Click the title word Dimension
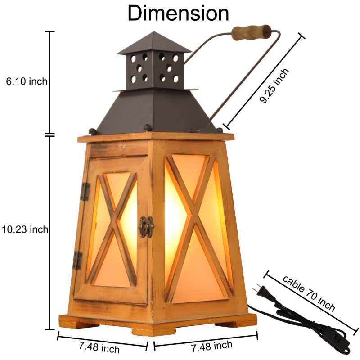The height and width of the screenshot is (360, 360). pos(178,13)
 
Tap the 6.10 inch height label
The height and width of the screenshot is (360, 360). pos(27,81)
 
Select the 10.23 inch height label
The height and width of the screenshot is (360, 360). pos(25,229)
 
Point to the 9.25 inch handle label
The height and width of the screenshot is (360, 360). pos(274,85)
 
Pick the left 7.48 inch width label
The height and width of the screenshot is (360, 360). pos(99,346)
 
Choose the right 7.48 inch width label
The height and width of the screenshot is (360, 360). pos(212,346)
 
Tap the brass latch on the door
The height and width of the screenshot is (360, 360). pos(146,227)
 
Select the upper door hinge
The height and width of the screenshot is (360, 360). pos(85,192)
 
